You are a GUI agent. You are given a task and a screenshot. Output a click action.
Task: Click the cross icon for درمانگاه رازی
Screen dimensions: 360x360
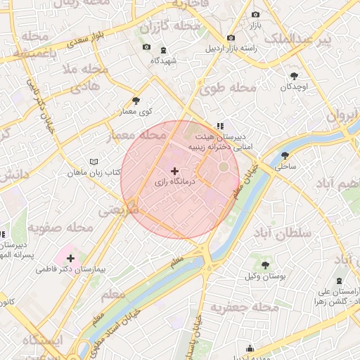pyautogui.click(x=174, y=171)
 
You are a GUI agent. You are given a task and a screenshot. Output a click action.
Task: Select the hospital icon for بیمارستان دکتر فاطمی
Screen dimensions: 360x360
pyautogui.click(x=70, y=258)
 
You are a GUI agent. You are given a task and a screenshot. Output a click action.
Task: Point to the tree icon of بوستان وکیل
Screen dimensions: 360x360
pyautogui.click(x=264, y=265)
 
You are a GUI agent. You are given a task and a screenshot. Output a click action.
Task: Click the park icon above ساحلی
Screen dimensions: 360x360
pyautogui.click(x=285, y=155)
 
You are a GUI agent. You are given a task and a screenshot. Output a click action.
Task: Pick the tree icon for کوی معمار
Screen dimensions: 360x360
pyautogui.click(x=136, y=101)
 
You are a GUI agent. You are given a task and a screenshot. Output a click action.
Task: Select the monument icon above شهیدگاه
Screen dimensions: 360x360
pyautogui.click(x=164, y=50)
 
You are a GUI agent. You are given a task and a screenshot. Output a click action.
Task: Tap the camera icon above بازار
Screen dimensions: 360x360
pyautogui.click(x=255, y=14)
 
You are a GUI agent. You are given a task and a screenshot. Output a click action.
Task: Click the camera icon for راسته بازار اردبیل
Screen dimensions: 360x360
pyautogui.click(x=231, y=38)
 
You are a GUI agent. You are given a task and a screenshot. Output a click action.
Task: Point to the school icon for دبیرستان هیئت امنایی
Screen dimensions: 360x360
pyautogui.click(x=220, y=126)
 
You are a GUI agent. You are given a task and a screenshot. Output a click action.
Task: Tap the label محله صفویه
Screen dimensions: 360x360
pyautogui.click(x=62, y=228)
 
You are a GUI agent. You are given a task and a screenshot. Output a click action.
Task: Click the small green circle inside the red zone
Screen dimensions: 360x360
pyautogui.click(x=224, y=167)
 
